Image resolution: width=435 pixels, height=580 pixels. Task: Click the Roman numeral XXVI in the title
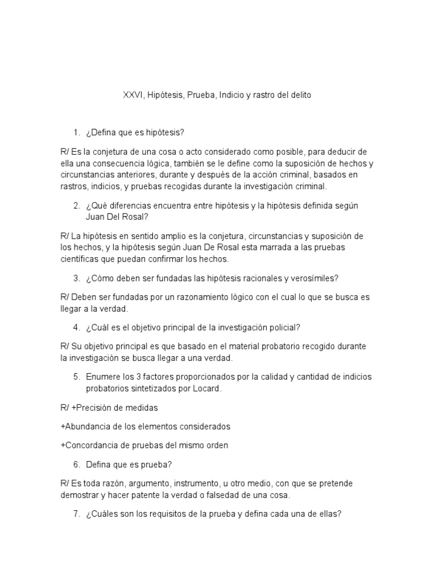(133, 96)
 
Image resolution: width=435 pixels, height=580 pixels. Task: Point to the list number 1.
(75, 133)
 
